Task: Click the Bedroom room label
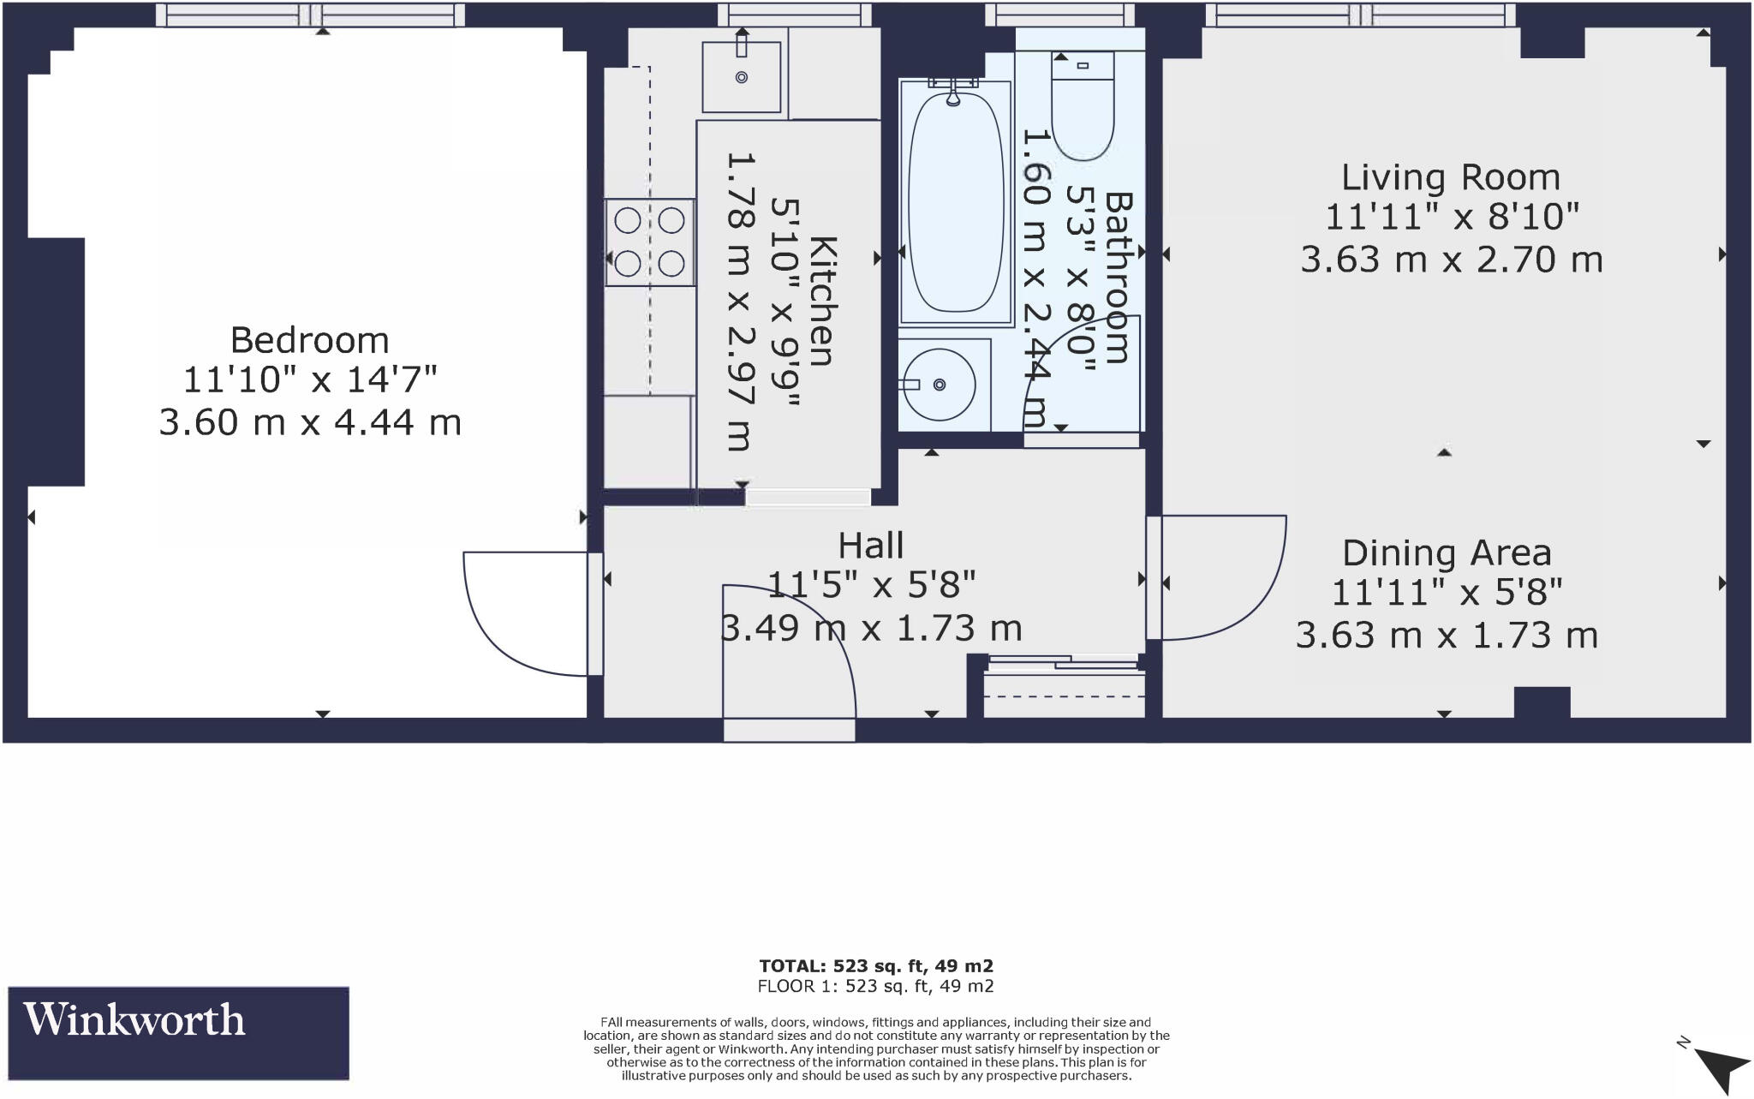click(x=309, y=340)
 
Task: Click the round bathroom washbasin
click(x=940, y=385)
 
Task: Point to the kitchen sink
click(x=742, y=78)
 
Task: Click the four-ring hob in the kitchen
click(x=650, y=242)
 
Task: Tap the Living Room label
click(x=1450, y=177)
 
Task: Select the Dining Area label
click(x=1447, y=553)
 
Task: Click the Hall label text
click(x=870, y=546)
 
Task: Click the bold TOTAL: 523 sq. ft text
click(x=875, y=966)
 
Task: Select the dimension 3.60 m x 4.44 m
click(x=309, y=422)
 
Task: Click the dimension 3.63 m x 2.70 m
click(x=1451, y=259)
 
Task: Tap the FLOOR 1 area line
click(x=875, y=986)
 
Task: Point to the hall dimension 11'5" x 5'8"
click(x=870, y=586)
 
